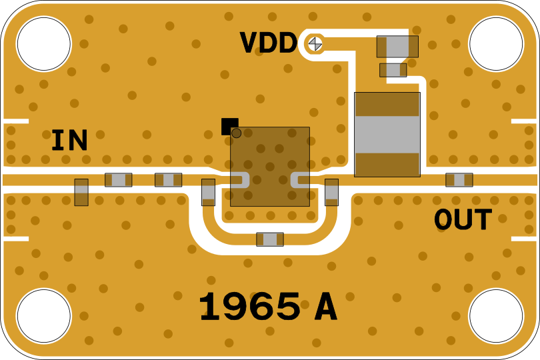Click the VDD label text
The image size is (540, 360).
coord(268,43)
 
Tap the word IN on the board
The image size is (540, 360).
coord(69,141)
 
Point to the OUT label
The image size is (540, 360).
coord(463,220)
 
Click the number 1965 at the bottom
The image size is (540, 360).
coord(249,308)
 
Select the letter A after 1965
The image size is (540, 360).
coord(325,308)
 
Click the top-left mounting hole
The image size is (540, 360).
coord(43,43)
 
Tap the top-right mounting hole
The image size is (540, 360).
coord(496,43)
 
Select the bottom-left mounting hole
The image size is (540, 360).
coord(43,316)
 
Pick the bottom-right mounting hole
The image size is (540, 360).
coord(496,316)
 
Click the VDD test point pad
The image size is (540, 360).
coord(315,43)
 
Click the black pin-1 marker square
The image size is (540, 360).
coord(229,125)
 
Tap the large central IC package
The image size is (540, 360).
coord(270,167)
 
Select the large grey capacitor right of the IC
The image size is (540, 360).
coord(387,135)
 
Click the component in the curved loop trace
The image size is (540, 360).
coord(270,239)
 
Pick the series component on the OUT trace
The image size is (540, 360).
coord(459,180)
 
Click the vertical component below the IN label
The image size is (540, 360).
coord(81,192)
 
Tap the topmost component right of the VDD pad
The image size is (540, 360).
coord(397,47)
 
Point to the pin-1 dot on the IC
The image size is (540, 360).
coord(236,133)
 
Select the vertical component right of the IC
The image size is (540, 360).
coord(331,192)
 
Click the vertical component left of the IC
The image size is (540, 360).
coord(209,192)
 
